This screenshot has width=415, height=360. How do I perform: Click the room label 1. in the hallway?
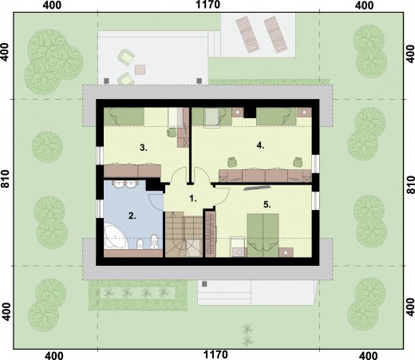tap(193, 199)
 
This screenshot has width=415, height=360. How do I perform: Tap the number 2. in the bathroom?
tap(132, 216)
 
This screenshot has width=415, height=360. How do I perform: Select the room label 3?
tap(144, 148)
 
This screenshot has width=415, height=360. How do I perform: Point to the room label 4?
tap(260, 145)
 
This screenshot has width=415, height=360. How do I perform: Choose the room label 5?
tap(267, 204)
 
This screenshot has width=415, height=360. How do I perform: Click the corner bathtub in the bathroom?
tap(115, 236)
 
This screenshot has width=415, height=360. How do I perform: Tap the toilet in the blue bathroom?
tap(154, 242)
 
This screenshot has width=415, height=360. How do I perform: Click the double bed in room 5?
tap(263, 235)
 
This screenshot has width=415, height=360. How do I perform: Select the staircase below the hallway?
tap(184, 235)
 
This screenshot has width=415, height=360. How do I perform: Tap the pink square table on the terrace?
tap(140, 69)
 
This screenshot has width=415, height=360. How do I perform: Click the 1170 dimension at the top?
tap(208, 5)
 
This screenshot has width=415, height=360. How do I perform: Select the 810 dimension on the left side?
tap(6, 179)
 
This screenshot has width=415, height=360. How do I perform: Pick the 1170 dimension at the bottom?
tap(215, 354)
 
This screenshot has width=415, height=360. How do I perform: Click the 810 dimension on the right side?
tap(410, 184)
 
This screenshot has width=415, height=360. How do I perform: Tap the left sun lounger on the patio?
tap(247, 34)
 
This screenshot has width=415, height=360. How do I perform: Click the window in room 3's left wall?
tap(100, 156)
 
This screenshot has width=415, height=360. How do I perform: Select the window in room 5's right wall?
tap(315, 200)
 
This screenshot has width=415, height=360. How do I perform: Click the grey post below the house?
tap(204, 284)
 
